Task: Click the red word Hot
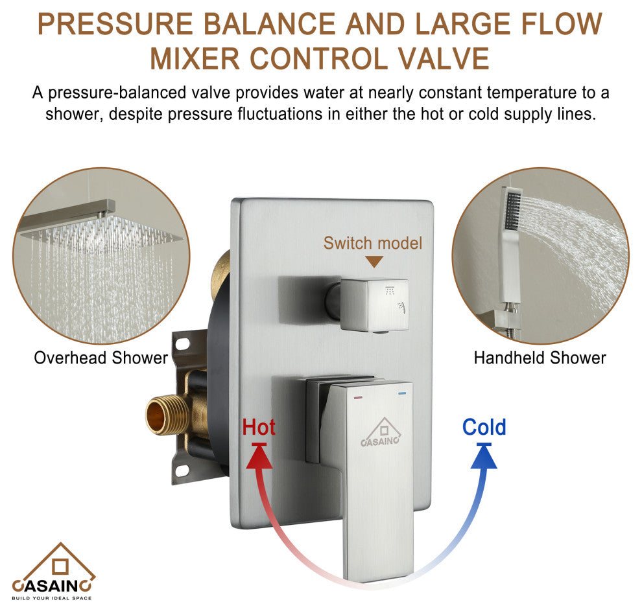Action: (258, 427)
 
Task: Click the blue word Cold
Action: (484, 427)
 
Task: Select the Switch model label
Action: (373, 243)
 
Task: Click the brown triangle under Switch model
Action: (374, 262)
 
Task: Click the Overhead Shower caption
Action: (101, 358)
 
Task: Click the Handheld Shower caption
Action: (540, 358)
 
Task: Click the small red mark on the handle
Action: (357, 397)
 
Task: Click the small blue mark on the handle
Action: (403, 394)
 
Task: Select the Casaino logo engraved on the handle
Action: (381, 432)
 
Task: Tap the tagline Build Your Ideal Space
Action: (52, 598)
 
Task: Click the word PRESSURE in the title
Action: (115, 24)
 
